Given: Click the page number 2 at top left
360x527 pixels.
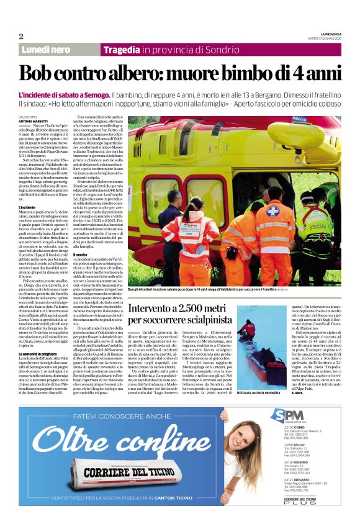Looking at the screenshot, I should pyautogui.click(x=21, y=36).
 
